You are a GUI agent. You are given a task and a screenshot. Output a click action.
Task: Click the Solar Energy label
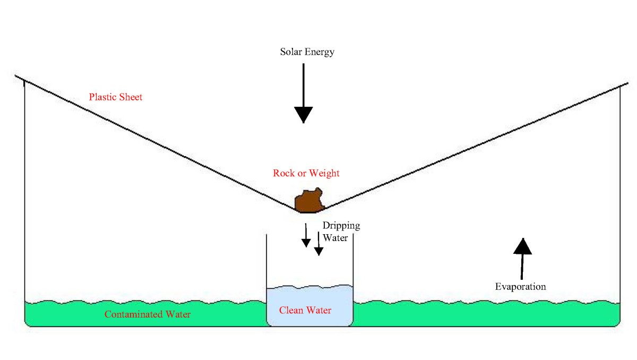tap(307, 52)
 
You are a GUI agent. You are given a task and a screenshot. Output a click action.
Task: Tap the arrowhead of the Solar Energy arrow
tap(304, 114)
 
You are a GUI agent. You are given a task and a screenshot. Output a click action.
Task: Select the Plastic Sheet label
tap(116, 97)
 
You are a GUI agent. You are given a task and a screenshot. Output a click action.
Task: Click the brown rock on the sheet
tap(308, 201)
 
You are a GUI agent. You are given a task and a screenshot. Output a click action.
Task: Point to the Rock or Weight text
tap(306, 173)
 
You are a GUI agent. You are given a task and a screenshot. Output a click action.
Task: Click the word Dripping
tap(341, 226)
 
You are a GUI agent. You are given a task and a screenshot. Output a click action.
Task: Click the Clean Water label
tap(305, 310)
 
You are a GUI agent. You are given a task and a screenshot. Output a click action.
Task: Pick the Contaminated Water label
tap(148, 314)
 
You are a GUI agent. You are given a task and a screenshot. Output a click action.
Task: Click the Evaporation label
tap(520, 287)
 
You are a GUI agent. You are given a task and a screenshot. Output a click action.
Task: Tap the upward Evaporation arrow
tap(523, 258)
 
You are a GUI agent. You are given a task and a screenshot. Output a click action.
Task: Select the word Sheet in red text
tap(131, 97)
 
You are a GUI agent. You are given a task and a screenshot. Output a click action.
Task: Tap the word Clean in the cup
tap(291, 310)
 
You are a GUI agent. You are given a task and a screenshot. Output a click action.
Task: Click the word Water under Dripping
tap(335, 238)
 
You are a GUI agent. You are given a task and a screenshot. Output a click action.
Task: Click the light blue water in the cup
tap(309, 297)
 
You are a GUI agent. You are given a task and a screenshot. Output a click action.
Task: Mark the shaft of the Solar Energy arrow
tap(304, 85)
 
